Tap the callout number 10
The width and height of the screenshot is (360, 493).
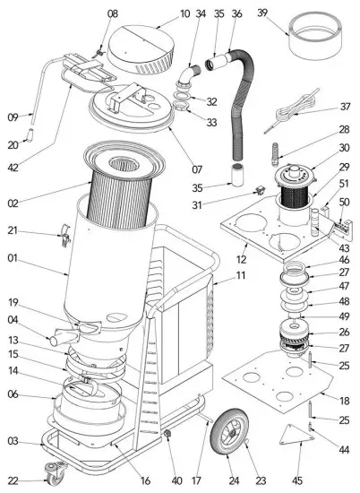pyautogui.click(x=160, y=13)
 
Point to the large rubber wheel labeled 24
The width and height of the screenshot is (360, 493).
pyautogui.click(x=226, y=445)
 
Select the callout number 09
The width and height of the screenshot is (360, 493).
pyautogui.click(x=13, y=116)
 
